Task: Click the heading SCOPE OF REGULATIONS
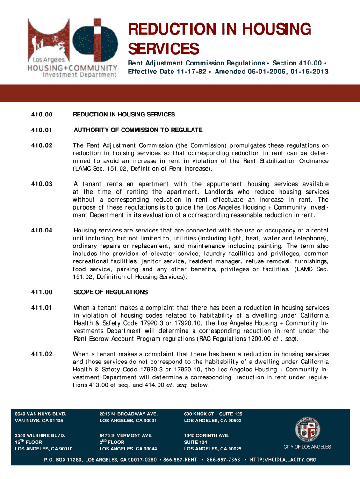110,292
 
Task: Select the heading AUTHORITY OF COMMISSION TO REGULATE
137,130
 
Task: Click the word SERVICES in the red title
164,48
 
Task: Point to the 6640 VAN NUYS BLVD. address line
41,414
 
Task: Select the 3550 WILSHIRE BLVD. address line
38,435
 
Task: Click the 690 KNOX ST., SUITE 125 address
213,414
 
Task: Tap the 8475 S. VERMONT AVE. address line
126,435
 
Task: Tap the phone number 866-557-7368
223,460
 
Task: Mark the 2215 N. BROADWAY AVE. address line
129,414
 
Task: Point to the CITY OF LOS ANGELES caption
307,447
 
